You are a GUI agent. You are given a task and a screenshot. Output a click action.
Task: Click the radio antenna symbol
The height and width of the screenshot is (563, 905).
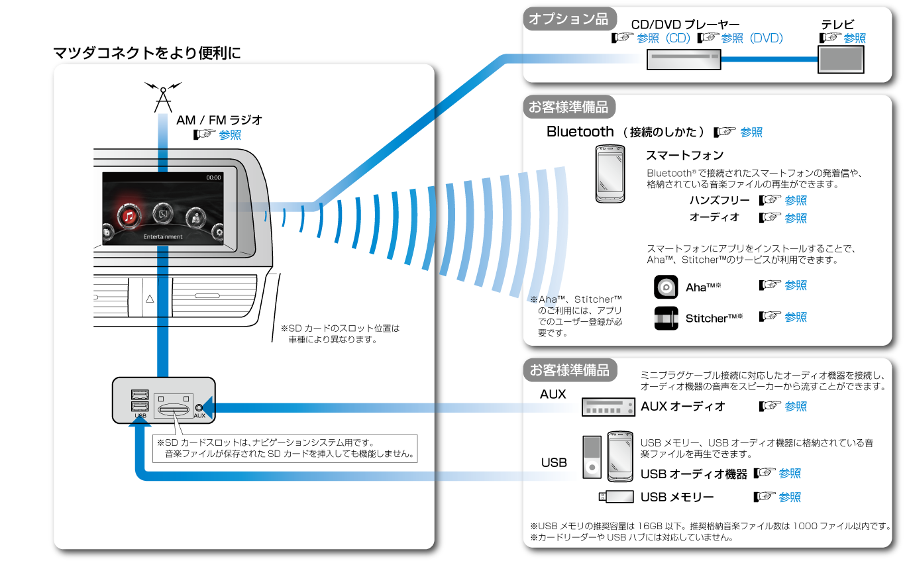pos(162,97)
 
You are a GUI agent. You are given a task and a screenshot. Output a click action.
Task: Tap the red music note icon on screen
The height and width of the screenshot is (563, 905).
pos(129,215)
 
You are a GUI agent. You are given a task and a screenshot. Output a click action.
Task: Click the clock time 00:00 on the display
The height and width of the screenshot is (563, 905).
pos(213,178)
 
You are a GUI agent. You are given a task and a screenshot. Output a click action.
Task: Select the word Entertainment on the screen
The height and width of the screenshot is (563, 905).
pos(163,236)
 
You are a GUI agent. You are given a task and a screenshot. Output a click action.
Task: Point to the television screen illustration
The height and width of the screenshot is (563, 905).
pos(841,59)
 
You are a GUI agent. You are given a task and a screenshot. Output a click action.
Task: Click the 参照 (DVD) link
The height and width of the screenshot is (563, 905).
pos(751,38)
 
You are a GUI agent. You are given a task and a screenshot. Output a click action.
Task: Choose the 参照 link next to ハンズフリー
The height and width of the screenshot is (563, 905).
pos(796,200)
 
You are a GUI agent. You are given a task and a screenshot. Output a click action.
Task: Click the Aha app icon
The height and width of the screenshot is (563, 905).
pos(666,287)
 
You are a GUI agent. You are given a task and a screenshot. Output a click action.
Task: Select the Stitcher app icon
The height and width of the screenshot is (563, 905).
pos(666,319)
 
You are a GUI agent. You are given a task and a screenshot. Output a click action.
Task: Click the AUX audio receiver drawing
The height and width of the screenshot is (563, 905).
pos(608,407)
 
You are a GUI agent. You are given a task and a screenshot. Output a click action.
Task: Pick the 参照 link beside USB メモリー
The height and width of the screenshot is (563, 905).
pos(790,497)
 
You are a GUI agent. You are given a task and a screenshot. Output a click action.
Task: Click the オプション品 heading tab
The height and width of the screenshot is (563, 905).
pos(568,19)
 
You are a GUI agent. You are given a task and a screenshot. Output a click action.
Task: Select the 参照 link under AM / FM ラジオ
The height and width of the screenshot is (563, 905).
pos(230,134)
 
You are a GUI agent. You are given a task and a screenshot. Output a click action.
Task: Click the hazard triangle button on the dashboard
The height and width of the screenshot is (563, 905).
pos(150,299)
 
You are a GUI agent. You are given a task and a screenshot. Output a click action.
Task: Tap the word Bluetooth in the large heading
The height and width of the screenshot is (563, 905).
pos(580,131)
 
